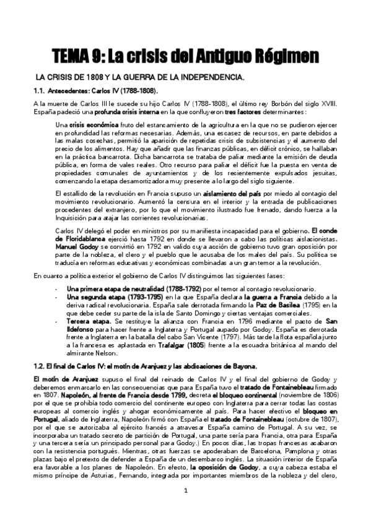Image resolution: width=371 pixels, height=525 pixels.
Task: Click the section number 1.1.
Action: [40, 91]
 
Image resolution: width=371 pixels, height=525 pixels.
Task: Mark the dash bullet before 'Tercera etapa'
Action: [57, 322]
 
